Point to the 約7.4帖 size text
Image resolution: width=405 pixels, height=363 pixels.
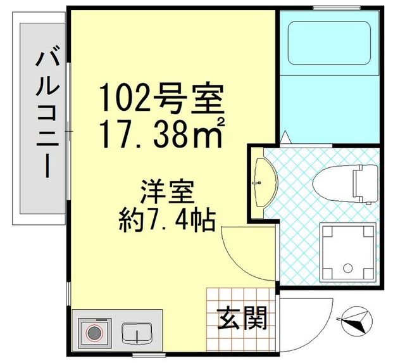coord(168,219)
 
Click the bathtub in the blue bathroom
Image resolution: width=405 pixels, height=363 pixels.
coord(329,42)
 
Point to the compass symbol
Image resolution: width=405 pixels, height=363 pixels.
coord(356,319)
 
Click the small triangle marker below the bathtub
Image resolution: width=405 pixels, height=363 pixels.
coord(285,136)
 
